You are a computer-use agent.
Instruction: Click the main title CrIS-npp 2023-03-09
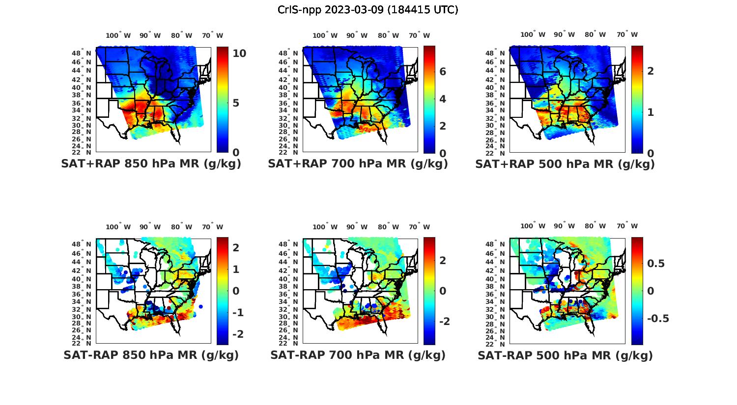tap(368, 10)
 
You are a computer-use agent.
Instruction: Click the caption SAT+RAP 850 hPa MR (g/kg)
tap(151, 164)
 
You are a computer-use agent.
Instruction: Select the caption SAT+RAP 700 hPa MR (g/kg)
tap(358, 164)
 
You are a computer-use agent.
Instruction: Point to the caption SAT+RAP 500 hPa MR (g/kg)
tap(565, 164)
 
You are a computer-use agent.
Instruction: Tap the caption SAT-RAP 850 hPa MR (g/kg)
tap(151, 355)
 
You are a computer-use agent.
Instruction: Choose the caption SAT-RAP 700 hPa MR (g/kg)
tap(358, 355)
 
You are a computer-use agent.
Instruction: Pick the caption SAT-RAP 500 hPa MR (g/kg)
tap(565, 355)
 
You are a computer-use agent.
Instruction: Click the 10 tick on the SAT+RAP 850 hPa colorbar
tap(239, 53)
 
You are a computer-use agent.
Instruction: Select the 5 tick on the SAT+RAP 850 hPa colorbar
tap(236, 103)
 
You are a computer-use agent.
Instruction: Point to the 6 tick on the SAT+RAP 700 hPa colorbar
tap(443, 72)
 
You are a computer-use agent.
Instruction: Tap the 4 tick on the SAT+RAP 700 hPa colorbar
tap(443, 99)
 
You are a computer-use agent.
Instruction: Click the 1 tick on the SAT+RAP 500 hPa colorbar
tap(651, 112)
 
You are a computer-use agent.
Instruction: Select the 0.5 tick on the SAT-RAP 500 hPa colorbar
tap(656, 264)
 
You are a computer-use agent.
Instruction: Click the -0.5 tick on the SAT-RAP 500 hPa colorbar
tap(658, 319)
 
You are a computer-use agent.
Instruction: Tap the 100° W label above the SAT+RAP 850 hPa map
tap(118, 35)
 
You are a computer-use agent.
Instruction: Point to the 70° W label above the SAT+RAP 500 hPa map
tap(627, 34)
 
